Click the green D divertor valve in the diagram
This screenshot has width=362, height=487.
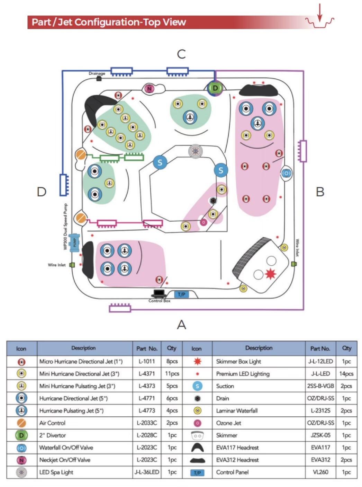click(215, 88)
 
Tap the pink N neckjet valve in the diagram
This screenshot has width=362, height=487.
click(150, 89)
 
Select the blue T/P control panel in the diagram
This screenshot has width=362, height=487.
click(181, 294)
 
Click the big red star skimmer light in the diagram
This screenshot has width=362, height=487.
click(270, 274)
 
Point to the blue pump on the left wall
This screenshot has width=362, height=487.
click(74, 242)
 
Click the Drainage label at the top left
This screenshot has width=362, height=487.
click(97, 73)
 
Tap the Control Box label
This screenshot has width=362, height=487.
click(159, 301)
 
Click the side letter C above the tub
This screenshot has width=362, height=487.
click(181, 54)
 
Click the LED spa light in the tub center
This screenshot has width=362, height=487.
click(195, 151)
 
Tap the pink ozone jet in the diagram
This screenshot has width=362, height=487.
click(203, 222)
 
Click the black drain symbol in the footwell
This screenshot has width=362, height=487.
click(212, 201)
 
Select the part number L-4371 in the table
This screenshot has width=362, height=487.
click(147, 373)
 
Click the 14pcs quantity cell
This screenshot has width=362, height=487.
click(346, 373)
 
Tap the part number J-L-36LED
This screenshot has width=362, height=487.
click(147, 472)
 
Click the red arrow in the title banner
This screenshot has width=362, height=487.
click(320, 13)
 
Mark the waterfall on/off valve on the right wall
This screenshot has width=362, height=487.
click(286, 173)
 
